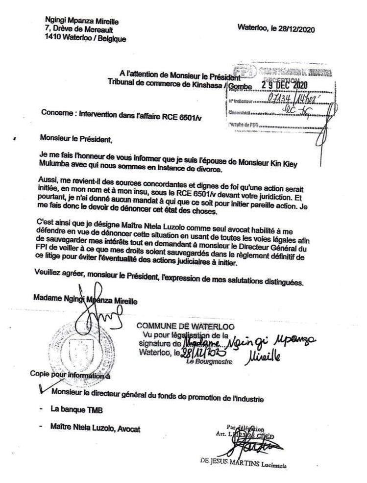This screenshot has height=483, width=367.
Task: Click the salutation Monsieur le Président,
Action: point(76,139)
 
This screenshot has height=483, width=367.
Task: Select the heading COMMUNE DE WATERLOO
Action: point(185,326)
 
